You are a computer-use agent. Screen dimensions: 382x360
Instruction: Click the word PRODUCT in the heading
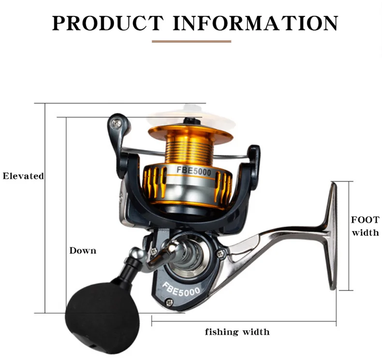click(107, 23)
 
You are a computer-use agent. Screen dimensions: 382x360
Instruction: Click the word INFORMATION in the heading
click(256, 23)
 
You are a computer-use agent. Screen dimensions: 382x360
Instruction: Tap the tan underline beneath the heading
click(191, 42)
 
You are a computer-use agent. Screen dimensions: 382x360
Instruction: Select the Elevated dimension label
click(23, 176)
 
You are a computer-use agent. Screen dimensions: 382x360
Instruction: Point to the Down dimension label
click(83, 250)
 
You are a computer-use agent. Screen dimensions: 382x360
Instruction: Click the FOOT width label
click(365, 226)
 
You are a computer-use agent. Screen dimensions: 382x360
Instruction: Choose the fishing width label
click(237, 332)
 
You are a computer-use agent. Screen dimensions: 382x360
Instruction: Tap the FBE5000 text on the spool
click(194, 171)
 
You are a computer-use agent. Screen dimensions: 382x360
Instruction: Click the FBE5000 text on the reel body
click(181, 289)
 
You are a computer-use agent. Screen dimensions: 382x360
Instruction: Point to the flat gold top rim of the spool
click(191, 133)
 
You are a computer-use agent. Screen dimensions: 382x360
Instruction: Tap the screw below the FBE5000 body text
click(169, 302)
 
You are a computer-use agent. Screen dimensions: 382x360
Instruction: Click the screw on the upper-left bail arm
click(116, 124)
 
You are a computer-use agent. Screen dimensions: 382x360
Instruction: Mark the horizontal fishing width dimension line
click(244, 321)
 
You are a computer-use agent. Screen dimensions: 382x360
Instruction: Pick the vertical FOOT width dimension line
click(349, 236)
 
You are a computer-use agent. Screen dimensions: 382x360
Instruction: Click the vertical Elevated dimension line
click(45, 208)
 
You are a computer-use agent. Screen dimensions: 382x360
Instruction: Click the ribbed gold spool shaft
click(190, 151)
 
